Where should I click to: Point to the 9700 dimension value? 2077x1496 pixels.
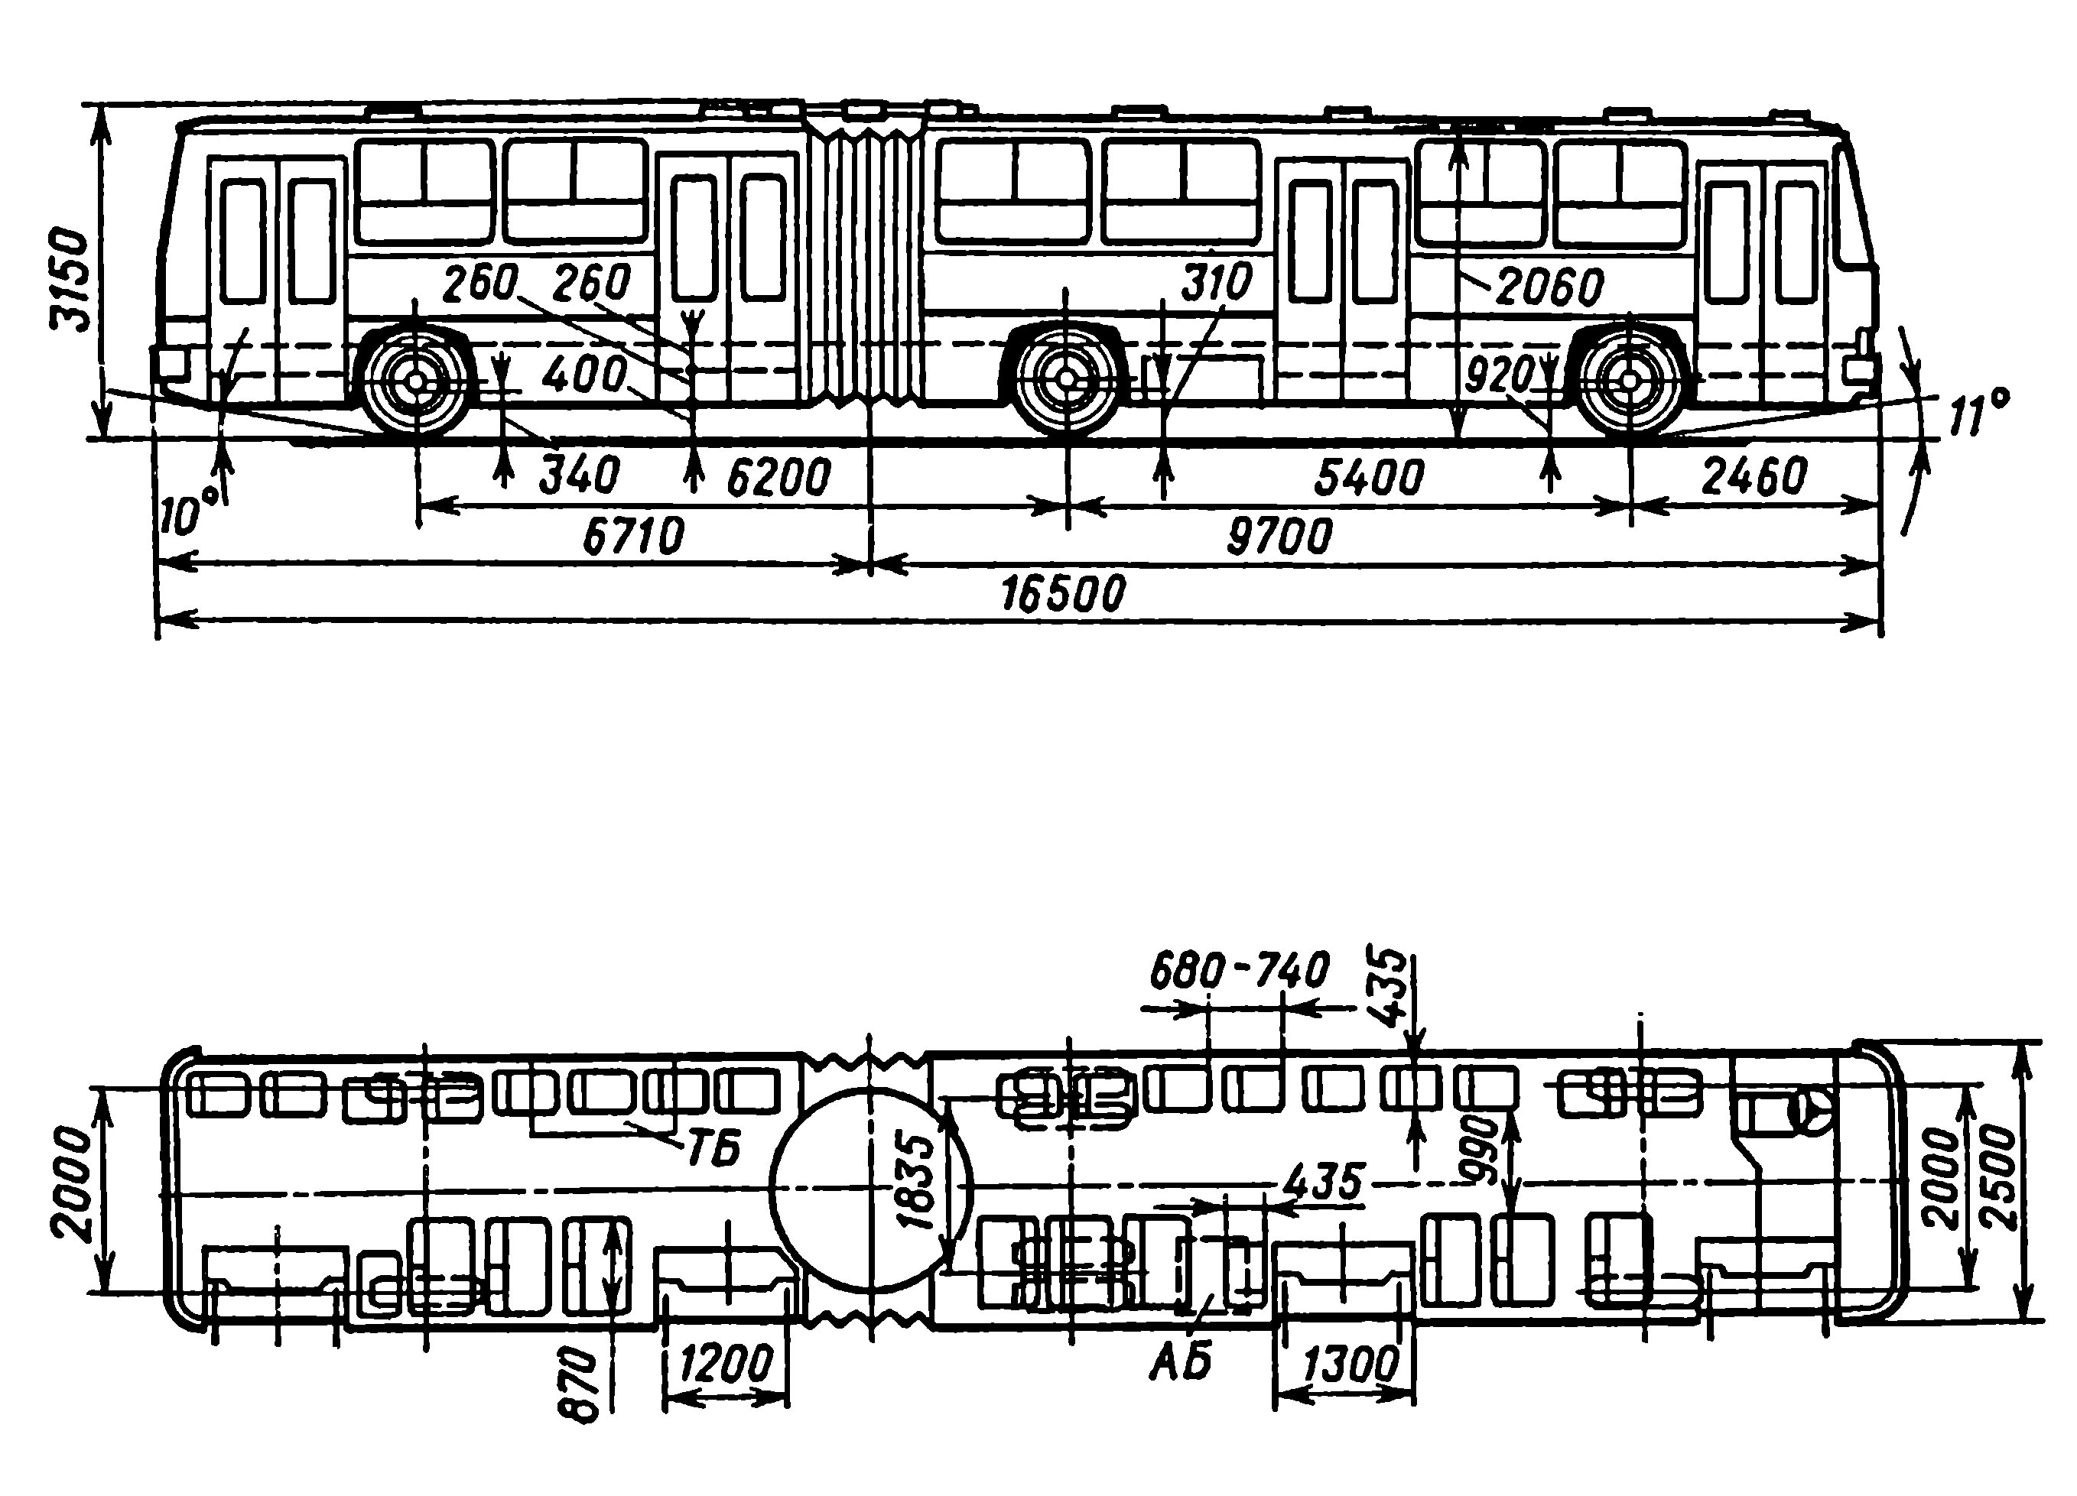[1279, 537]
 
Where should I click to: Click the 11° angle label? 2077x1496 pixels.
[1978, 414]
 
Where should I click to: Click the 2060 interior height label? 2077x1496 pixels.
[1550, 288]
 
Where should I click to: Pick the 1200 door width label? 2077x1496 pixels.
[727, 1365]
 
